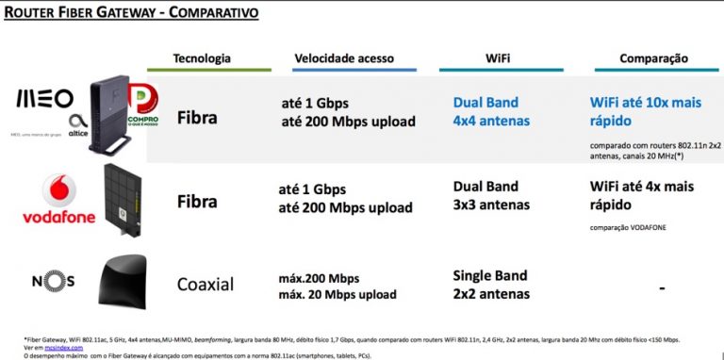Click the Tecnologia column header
click(202, 58)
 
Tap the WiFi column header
click(499, 58)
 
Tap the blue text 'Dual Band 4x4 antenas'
click(491, 110)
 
